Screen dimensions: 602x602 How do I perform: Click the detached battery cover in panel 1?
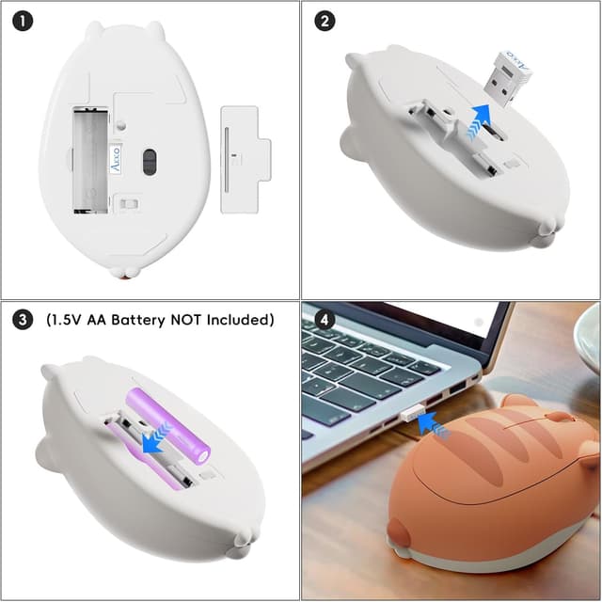click(242, 158)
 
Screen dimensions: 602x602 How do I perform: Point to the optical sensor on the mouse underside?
click(149, 161)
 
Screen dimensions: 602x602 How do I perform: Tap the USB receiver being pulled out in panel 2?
click(508, 71)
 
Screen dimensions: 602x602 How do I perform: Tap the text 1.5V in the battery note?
click(61, 320)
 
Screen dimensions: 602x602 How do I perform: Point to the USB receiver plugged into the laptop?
click(410, 415)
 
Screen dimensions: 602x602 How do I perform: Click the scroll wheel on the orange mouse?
click(560, 416)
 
